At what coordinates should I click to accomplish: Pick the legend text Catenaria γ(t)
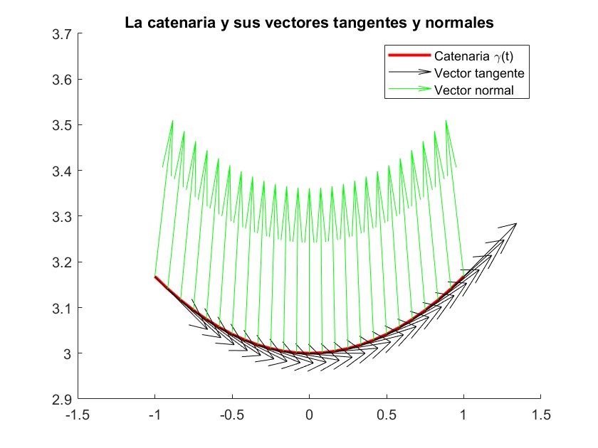(473, 55)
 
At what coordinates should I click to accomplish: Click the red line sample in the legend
(409, 55)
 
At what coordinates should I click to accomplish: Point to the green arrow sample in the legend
(409, 90)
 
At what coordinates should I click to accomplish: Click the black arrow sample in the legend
(409, 73)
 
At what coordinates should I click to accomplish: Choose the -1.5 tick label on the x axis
(78, 413)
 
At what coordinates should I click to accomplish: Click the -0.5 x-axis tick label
(231, 413)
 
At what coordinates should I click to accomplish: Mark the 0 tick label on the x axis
(309, 413)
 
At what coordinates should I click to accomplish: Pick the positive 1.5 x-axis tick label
(540, 413)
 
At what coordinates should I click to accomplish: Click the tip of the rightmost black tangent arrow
(516, 224)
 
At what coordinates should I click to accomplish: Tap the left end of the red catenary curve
(155, 277)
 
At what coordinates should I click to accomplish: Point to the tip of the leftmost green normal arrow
(172, 121)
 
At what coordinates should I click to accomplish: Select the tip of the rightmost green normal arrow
(446, 121)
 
